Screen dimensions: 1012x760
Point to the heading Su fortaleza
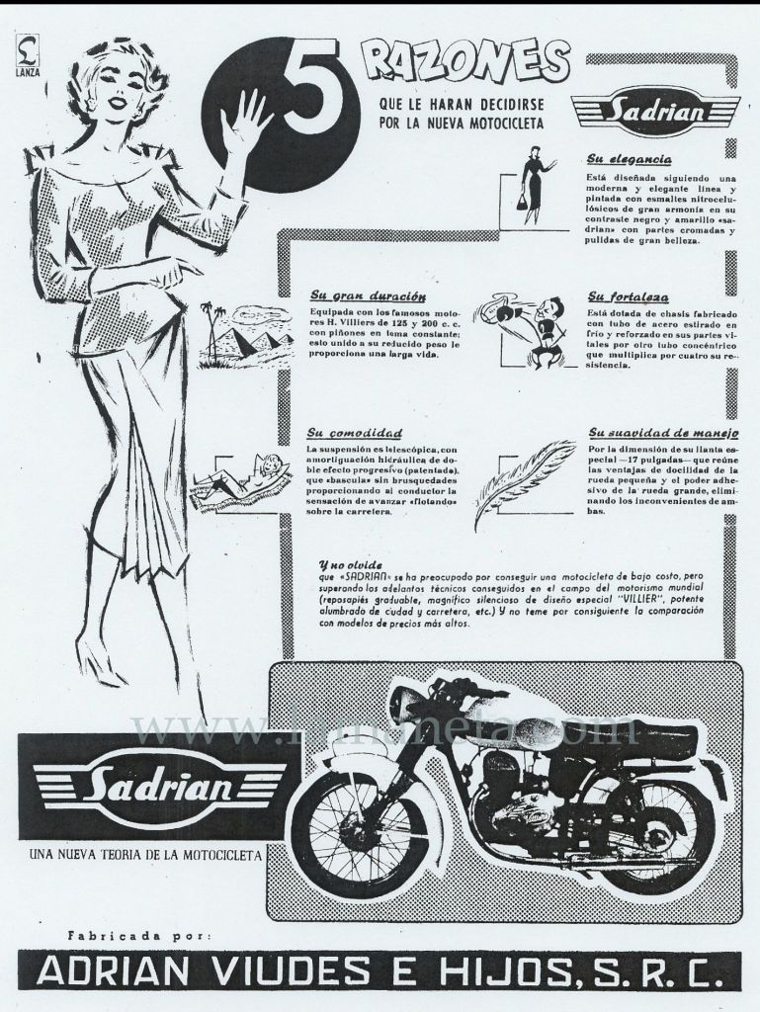coord(628,295)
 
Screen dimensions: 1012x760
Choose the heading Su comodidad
coord(354,433)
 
